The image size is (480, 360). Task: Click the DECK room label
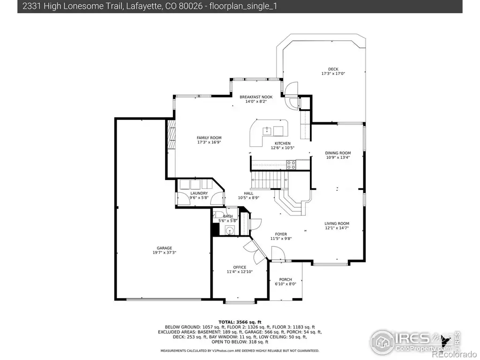[333, 69]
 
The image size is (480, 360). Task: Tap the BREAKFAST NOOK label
[256, 97]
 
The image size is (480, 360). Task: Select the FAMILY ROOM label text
[209, 138]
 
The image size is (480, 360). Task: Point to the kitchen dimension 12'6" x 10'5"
[283, 148]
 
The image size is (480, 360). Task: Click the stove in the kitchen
[291, 165]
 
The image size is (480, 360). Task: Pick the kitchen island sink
[267, 131]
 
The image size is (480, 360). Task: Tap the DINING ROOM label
[338, 153]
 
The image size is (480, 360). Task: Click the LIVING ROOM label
[337, 224]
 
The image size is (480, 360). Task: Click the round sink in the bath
[230, 231]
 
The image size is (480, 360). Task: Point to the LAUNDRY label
[199, 193]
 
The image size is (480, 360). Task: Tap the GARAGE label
[165, 248]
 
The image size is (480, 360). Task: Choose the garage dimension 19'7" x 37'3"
[165, 253]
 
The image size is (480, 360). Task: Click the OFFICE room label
[240, 267]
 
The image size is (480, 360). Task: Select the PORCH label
[285, 279]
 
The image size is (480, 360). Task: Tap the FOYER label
[281, 234]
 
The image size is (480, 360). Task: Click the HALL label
[248, 193]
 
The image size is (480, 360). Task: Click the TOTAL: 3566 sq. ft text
[240, 322]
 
